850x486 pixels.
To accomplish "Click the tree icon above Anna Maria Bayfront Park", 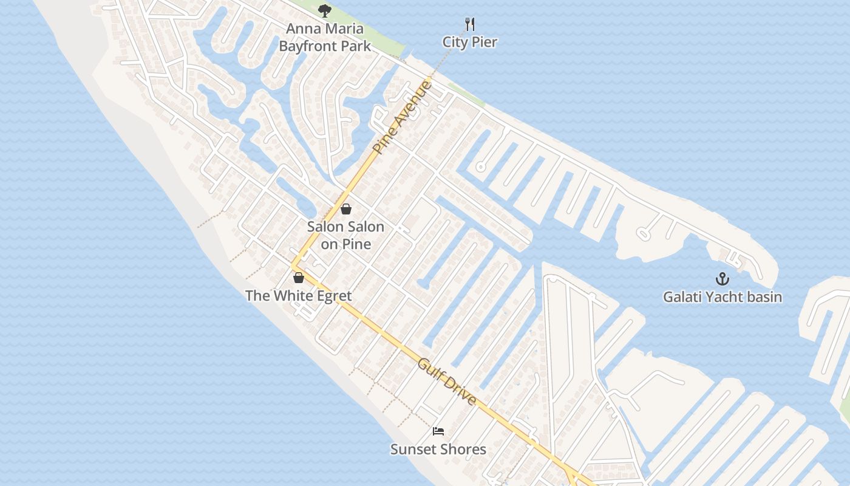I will (x=325, y=10).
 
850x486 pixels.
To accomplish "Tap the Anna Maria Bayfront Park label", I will (x=325, y=37).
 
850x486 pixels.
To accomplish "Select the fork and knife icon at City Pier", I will (x=469, y=24).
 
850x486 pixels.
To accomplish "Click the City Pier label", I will (x=469, y=42).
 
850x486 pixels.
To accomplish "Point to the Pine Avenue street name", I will (x=402, y=117).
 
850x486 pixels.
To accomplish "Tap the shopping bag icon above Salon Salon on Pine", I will (x=346, y=209).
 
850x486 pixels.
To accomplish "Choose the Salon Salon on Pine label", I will (x=345, y=235).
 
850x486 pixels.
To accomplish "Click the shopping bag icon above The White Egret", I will (x=298, y=278).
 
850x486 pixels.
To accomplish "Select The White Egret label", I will (x=298, y=296).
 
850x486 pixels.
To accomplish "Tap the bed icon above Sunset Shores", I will (x=438, y=431).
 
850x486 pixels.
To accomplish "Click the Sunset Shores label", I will (x=438, y=450).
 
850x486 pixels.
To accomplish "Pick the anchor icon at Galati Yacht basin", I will (x=722, y=279).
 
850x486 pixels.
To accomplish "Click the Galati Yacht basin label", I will (x=722, y=297).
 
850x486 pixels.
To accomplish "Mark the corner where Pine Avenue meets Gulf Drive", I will (x=293, y=265).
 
